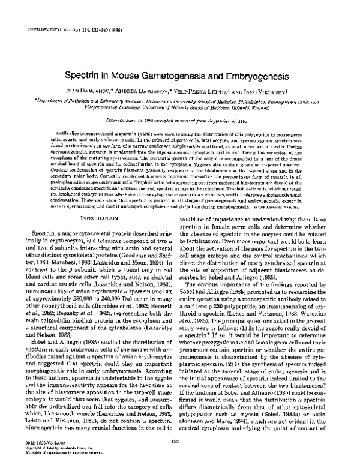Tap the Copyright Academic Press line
(x=51, y=446)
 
